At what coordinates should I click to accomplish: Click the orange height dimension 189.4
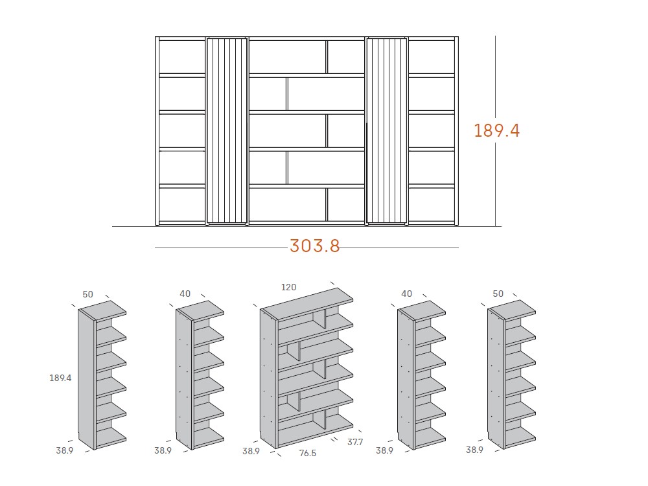pos(496,131)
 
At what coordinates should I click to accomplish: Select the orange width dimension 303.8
pos(314,246)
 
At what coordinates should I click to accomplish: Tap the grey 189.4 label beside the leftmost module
pos(60,378)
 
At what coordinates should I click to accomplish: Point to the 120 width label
pos(288,287)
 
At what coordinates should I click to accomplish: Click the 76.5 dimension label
pos(307,454)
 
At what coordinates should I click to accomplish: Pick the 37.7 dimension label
pos(355,442)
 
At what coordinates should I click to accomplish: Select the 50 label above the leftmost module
pos(87,294)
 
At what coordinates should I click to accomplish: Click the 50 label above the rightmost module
pos(498,294)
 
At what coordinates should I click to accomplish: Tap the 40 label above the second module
pos(185,294)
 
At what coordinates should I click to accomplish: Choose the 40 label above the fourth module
pos(407,294)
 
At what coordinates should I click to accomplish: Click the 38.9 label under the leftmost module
pos(64,450)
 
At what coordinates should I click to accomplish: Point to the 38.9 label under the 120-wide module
pos(251,451)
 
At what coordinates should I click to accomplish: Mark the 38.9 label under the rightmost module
pos(474,450)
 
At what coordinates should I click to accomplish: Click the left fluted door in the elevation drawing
pos(227,131)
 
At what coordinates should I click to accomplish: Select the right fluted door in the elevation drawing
pos(386,131)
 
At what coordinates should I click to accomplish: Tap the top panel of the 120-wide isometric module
pos(308,304)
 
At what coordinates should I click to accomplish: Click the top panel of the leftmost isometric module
pos(102,310)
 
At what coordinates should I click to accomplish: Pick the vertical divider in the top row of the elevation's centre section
pos(327,57)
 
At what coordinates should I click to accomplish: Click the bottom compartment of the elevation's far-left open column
pos(182,205)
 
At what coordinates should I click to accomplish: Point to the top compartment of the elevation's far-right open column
pos(432,57)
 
